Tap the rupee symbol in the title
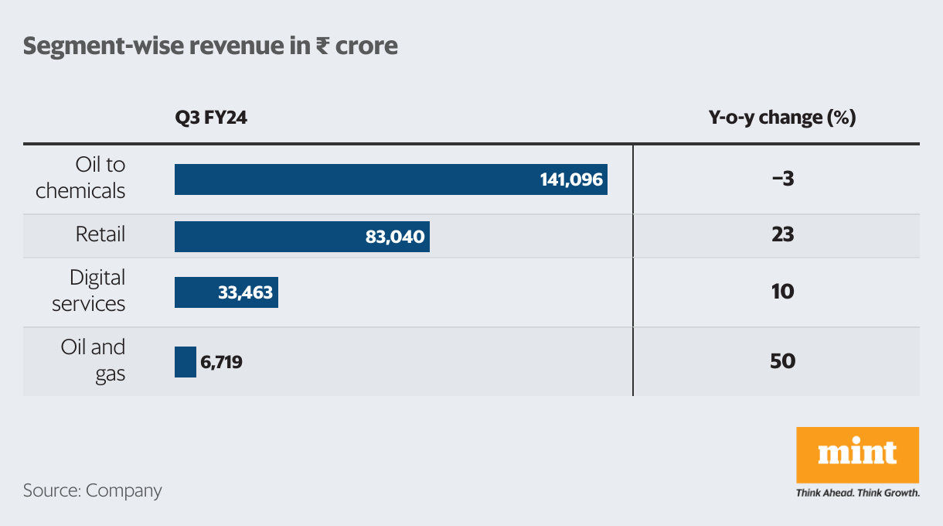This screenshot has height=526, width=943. [x=323, y=46]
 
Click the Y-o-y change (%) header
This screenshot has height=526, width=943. [x=782, y=118]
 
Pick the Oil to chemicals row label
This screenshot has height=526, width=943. [x=80, y=178]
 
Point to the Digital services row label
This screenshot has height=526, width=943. [x=88, y=291]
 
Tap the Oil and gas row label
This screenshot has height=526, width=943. [x=93, y=360]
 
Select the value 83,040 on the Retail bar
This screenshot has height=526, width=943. [x=395, y=237]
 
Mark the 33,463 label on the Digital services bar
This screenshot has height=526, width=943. [x=245, y=292]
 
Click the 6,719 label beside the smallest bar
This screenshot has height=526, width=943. [x=221, y=362]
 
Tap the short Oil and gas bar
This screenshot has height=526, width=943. [x=186, y=362]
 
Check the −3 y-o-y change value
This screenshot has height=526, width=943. [x=782, y=179]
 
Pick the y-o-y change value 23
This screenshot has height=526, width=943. [x=782, y=235]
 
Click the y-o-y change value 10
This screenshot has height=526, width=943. [x=782, y=292]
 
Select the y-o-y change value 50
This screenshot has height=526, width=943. [x=782, y=361]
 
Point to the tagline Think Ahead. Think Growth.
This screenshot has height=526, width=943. [x=857, y=493]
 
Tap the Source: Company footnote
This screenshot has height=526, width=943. [x=92, y=490]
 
